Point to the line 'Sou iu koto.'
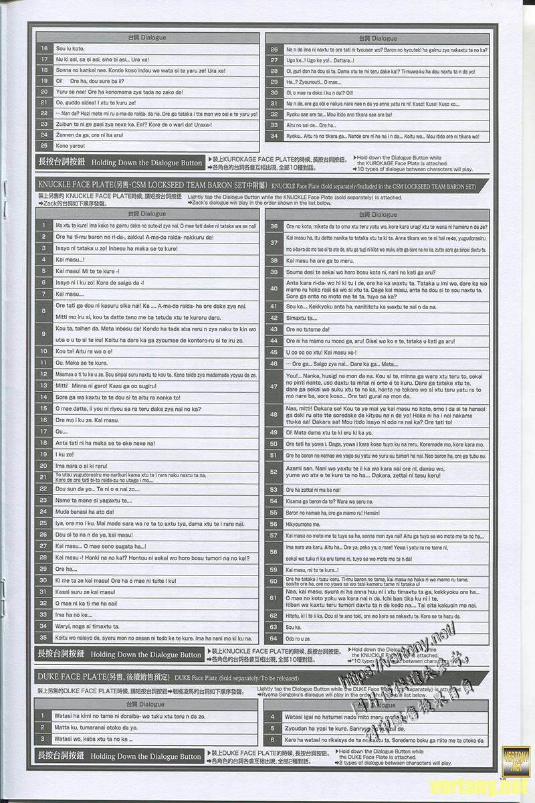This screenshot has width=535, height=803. point(70,49)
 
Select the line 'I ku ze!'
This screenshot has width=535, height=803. point(65,454)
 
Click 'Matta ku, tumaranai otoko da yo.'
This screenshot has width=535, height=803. point(96,727)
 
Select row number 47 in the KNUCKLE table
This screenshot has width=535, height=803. point(274,387)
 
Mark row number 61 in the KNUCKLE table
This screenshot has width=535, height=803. point(274,598)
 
